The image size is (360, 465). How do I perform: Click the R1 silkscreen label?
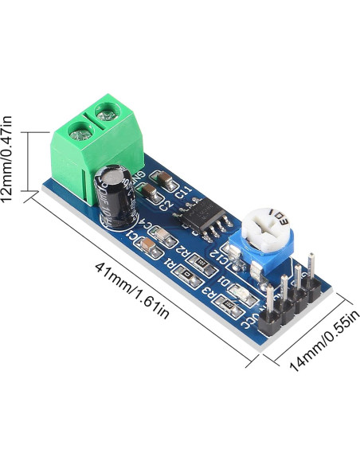(x=170, y=263)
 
